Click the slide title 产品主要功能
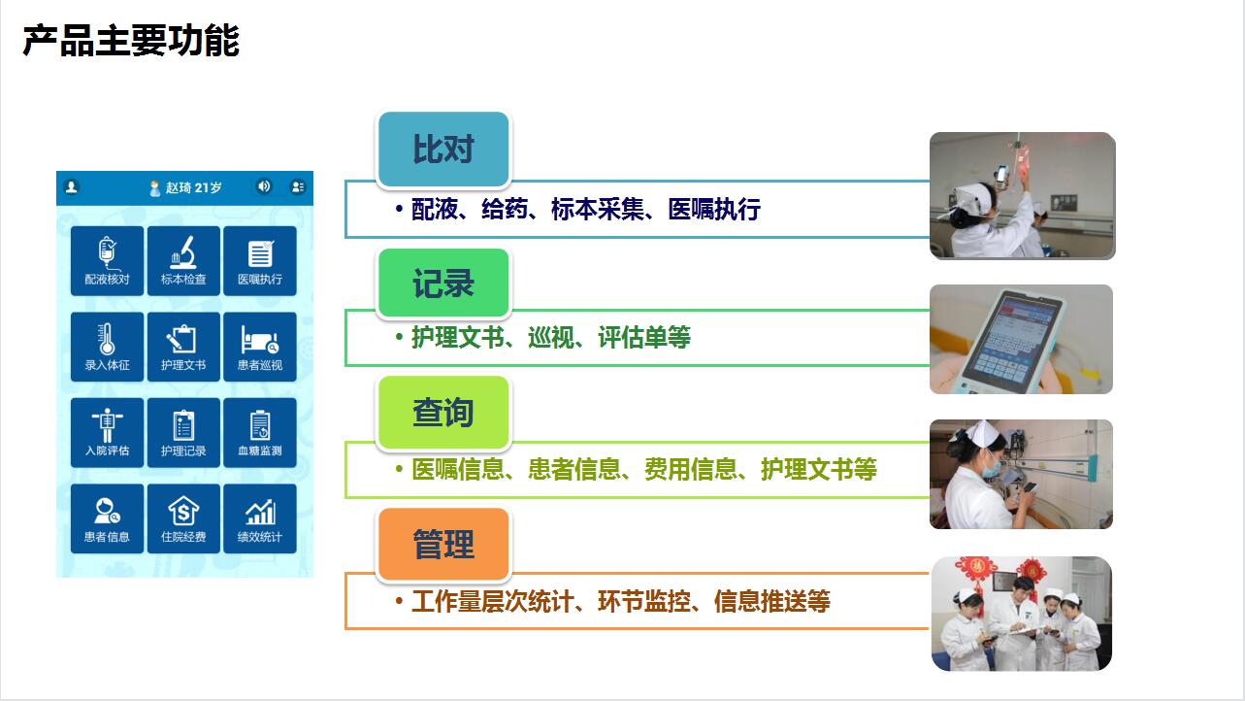[x=131, y=41]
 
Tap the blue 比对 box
[x=443, y=150]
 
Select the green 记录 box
[x=443, y=284]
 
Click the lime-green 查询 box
[x=443, y=413]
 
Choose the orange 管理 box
[x=443, y=545]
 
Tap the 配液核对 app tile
[x=107, y=260]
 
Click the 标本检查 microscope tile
[x=183, y=260]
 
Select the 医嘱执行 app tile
[x=260, y=260]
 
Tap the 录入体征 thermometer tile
[x=107, y=347]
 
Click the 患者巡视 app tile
[x=260, y=347]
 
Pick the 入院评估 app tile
[x=107, y=432]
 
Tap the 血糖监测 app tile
[x=260, y=432]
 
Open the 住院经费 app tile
[x=183, y=518]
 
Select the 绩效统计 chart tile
[x=260, y=518]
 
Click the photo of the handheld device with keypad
[x=1021, y=339]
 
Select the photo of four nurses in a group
[x=1021, y=614]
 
